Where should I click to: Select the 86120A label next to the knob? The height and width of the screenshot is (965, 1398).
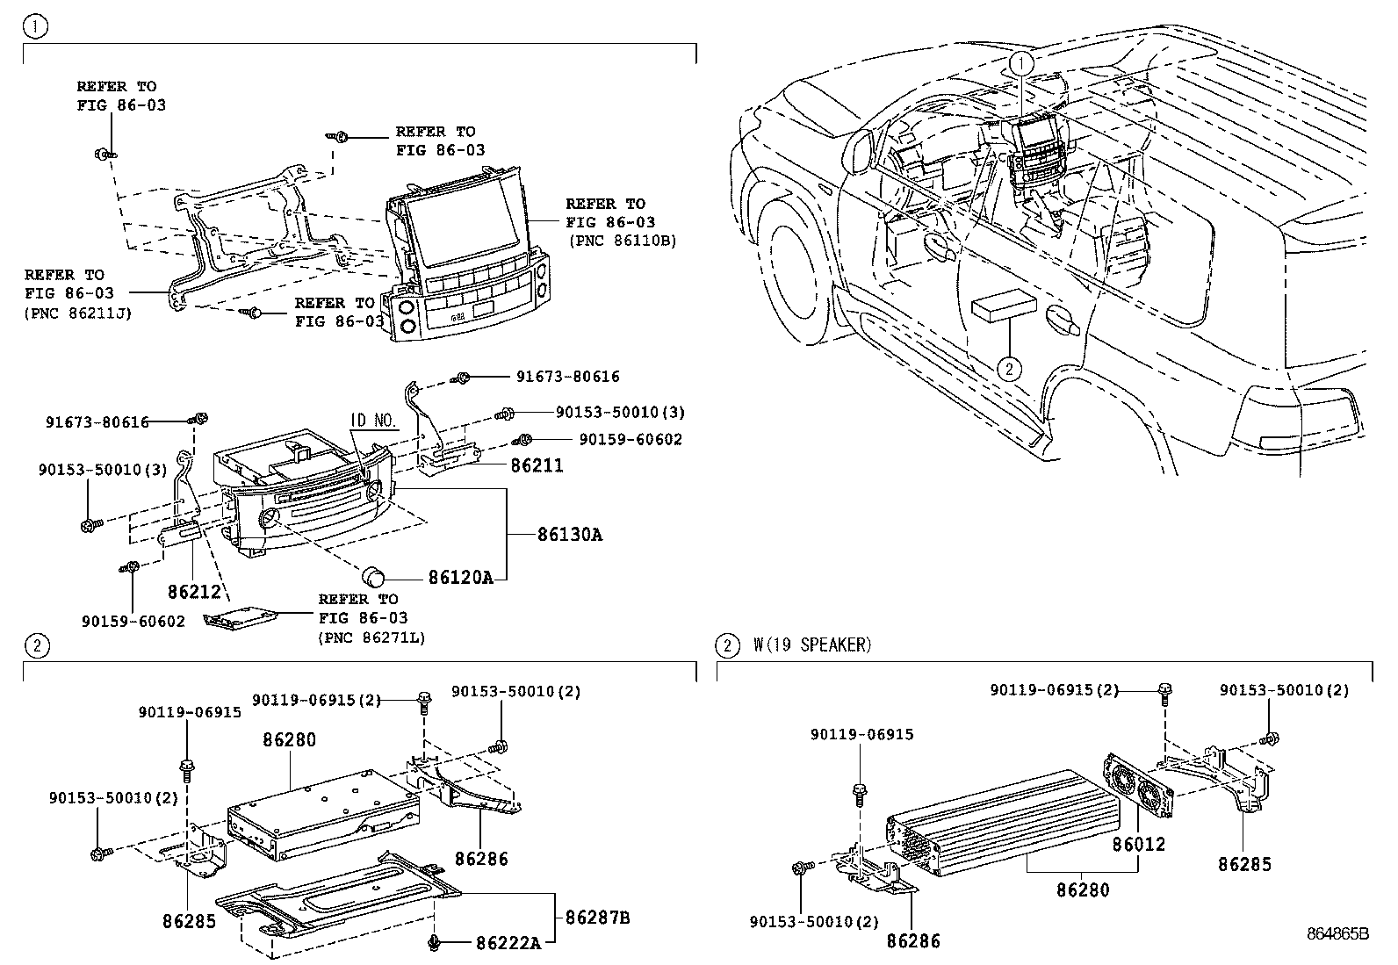(460, 577)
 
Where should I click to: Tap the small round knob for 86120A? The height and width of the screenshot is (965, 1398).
(375, 576)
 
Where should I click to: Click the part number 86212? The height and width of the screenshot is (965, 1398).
(194, 592)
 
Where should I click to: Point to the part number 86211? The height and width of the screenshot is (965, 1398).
(537, 466)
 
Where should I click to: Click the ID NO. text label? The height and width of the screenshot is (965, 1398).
(375, 421)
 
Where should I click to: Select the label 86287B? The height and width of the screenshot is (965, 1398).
(597, 918)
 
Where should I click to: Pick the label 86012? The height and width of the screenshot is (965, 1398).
(1138, 845)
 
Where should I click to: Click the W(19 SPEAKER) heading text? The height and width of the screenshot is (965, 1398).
(812, 645)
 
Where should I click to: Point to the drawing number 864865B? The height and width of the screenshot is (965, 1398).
(1337, 934)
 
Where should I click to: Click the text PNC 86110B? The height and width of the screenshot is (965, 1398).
(623, 240)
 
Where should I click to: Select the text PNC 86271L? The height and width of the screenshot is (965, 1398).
(371, 638)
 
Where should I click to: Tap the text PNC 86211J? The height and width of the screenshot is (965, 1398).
(78, 312)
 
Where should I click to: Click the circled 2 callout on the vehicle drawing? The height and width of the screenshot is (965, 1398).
(1010, 369)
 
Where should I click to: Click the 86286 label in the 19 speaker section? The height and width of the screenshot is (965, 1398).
(913, 940)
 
